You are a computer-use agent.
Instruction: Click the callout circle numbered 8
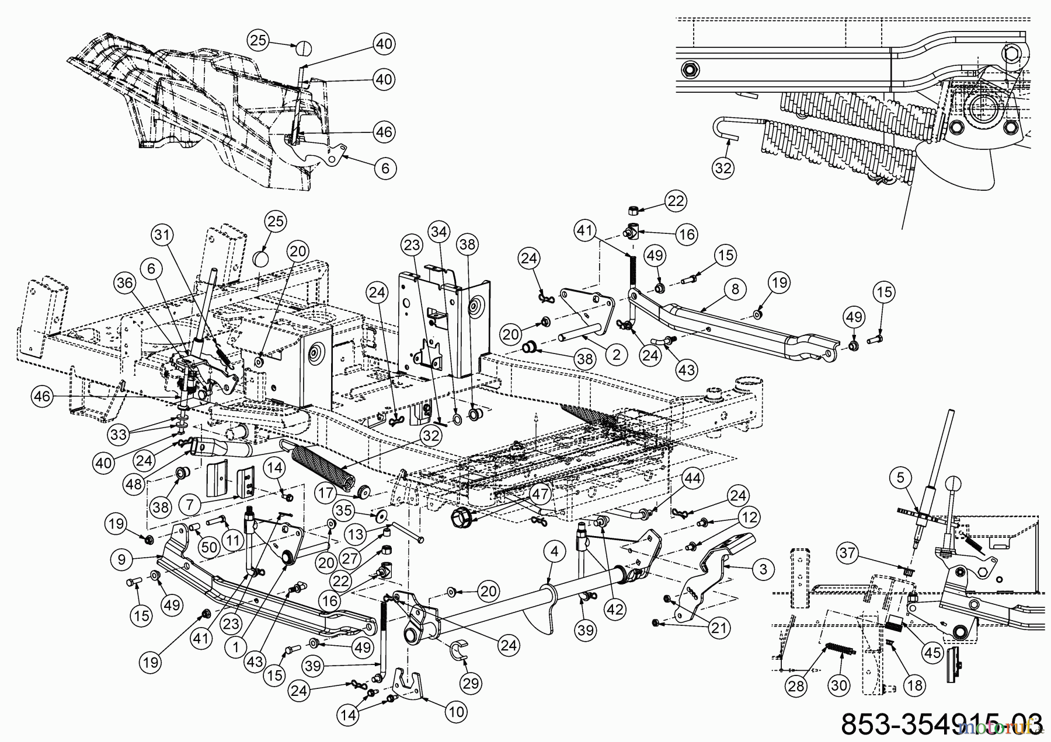(x=735, y=289)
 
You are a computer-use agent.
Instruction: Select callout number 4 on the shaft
(x=554, y=552)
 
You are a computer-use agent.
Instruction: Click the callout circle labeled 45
(x=932, y=652)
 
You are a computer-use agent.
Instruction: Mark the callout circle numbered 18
(x=915, y=685)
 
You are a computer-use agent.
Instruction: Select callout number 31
(x=164, y=235)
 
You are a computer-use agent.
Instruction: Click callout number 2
(x=616, y=354)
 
